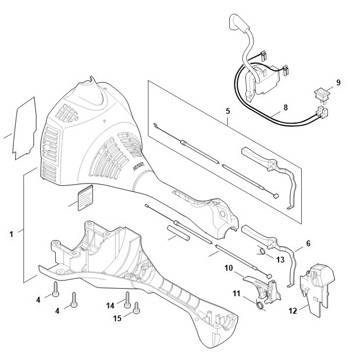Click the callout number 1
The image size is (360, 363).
[12, 234]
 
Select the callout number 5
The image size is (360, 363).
[228, 111]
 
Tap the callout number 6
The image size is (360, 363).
[308, 243]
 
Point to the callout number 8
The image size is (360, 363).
[286, 107]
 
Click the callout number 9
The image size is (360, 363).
[338, 82]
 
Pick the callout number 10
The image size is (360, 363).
[229, 268]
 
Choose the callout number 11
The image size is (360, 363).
[236, 293]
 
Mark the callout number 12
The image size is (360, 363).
[293, 311]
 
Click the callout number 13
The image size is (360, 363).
[280, 260]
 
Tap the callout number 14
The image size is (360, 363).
[111, 306]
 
